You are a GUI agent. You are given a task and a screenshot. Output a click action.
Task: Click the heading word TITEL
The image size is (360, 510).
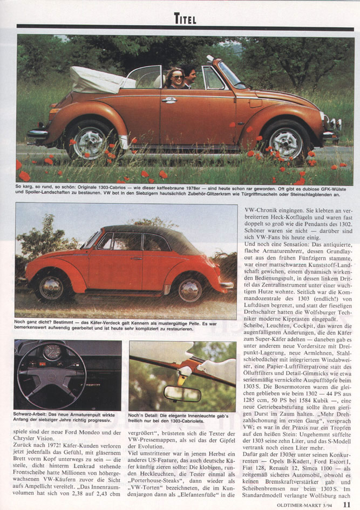pos(185,19)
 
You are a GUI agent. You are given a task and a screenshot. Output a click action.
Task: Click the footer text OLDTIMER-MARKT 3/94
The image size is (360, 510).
pos(305,505)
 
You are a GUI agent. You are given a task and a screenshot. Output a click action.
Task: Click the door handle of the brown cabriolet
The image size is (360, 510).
pos(169,100)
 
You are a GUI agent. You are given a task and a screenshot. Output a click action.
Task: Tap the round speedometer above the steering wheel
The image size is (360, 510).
pos(52,351)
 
